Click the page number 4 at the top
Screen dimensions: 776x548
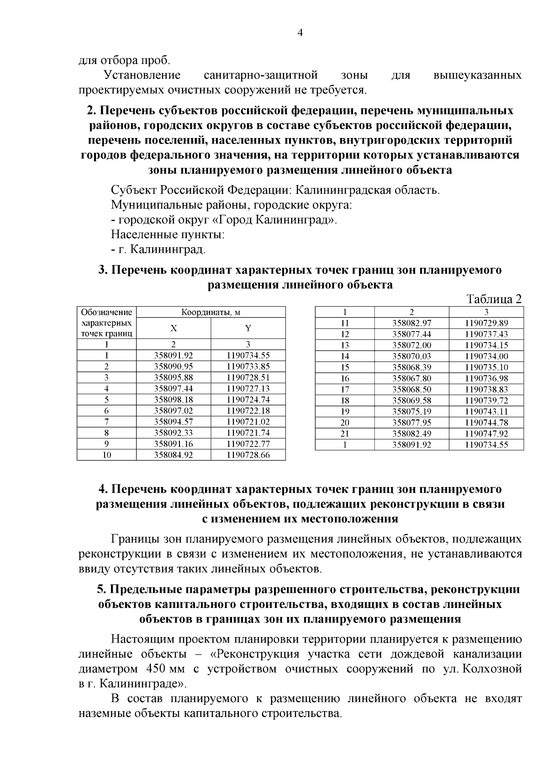point(300,32)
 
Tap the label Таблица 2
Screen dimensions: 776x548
point(494,299)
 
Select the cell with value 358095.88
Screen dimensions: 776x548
point(174,377)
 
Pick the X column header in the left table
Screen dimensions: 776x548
point(174,329)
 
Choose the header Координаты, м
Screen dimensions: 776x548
point(211,313)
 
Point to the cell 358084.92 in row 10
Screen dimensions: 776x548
point(174,455)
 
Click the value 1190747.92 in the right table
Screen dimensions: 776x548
point(486,433)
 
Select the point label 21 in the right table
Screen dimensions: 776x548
point(345,433)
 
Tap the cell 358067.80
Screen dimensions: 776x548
point(412,378)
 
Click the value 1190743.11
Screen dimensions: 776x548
point(486,411)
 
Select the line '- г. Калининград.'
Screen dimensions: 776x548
point(158,250)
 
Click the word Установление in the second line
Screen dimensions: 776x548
point(142,75)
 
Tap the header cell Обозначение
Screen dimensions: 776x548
point(106,313)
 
